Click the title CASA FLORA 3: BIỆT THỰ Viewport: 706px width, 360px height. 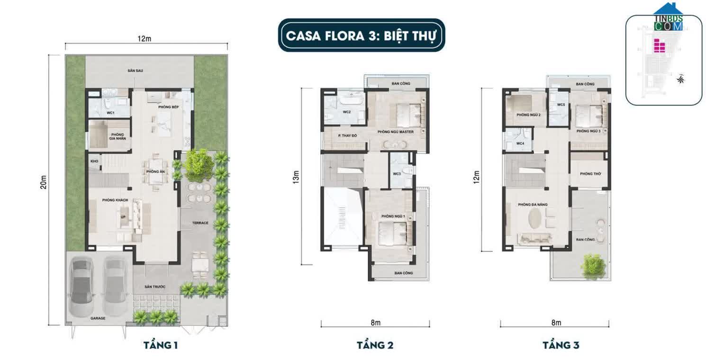(361, 35)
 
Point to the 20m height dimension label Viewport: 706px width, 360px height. (43, 182)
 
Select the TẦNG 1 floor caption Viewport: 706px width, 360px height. (160, 345)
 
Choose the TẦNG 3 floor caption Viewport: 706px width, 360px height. (561, 345)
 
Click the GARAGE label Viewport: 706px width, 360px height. (98, 318)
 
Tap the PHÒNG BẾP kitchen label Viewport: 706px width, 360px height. (168, 107)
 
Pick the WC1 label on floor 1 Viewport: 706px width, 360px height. (110, 113)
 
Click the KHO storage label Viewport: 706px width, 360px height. (94, 162)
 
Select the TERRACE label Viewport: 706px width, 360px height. (200, 223)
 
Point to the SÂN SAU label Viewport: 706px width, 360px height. (135, 71)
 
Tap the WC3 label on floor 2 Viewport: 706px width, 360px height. (397, 174)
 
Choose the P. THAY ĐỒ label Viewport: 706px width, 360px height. (347, 136)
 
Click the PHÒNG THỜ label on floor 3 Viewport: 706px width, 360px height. (590, 174)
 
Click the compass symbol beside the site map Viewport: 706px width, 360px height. (681, 79)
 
